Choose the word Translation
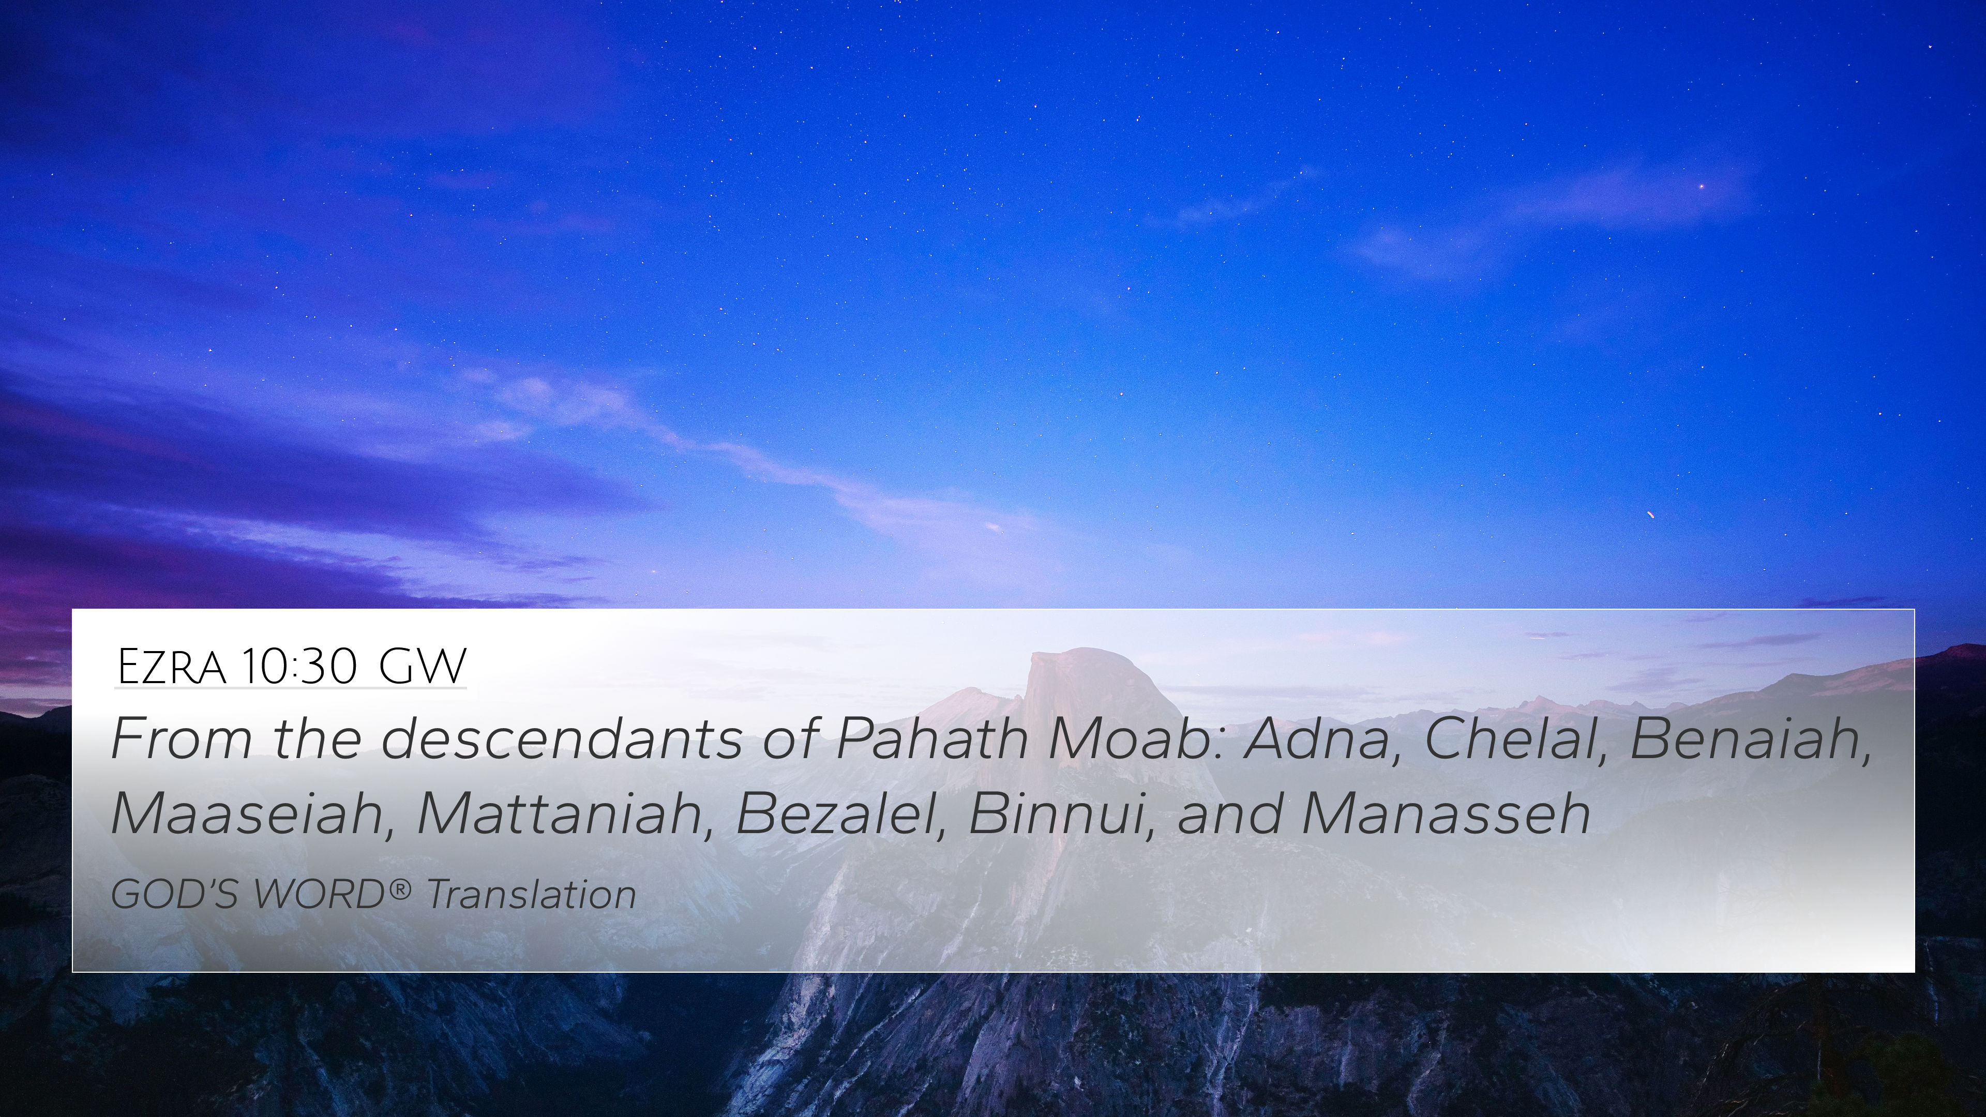tap(531, 894)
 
